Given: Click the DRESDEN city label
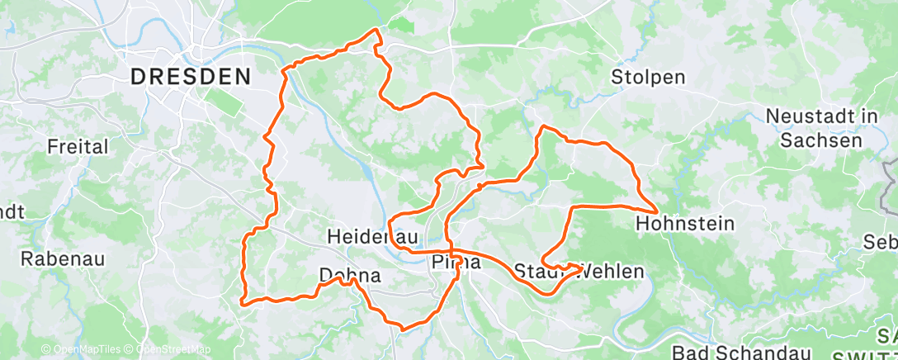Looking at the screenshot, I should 191,77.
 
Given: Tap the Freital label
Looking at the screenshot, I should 78,147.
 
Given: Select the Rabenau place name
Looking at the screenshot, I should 63,258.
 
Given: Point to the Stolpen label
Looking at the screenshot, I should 648,77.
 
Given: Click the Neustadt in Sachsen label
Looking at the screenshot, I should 822,128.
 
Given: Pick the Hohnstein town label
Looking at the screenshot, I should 686,223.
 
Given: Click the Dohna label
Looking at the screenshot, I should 350,276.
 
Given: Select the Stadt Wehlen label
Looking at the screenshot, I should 578,271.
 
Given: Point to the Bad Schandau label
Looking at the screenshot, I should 726,353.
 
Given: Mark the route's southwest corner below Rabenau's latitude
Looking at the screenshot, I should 242,302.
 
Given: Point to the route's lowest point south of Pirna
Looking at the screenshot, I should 402,329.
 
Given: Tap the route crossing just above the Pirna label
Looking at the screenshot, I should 453,249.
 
